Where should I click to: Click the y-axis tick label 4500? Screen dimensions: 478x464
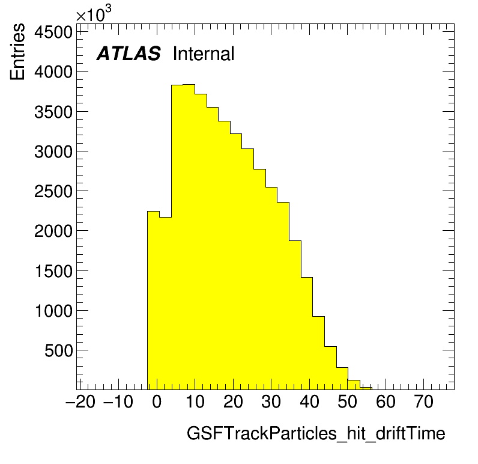[53, 32]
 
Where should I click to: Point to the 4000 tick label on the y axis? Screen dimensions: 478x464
[53, 72]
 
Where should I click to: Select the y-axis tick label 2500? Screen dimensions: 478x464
[53, 192]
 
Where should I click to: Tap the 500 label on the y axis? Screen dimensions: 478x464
[58, 351]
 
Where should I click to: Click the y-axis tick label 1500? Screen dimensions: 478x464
[53, 271]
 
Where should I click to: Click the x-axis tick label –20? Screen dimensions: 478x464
[80, 401]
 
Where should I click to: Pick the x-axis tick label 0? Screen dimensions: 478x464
[157, 401]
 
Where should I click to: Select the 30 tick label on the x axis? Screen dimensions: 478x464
[271, 401]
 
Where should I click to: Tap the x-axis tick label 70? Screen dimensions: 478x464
[424, 401]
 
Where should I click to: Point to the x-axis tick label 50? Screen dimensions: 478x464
[347, 401]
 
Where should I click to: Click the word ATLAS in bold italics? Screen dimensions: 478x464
[129, 53]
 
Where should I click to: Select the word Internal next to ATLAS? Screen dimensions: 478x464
[204, 53]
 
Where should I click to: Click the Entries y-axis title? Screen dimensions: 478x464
[17, 52]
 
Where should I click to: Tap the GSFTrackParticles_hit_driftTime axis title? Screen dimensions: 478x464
[316, 433]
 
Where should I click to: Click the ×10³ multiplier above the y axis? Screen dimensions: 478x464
[93, 13]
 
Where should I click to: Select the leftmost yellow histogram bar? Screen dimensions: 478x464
[153, 300]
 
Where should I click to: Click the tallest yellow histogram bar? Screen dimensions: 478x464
[189, 237]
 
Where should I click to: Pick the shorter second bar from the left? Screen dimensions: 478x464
[165, 304]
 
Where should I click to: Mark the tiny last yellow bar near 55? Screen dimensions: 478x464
[366, 388]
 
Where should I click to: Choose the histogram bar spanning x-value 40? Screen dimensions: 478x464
[307, 334]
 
